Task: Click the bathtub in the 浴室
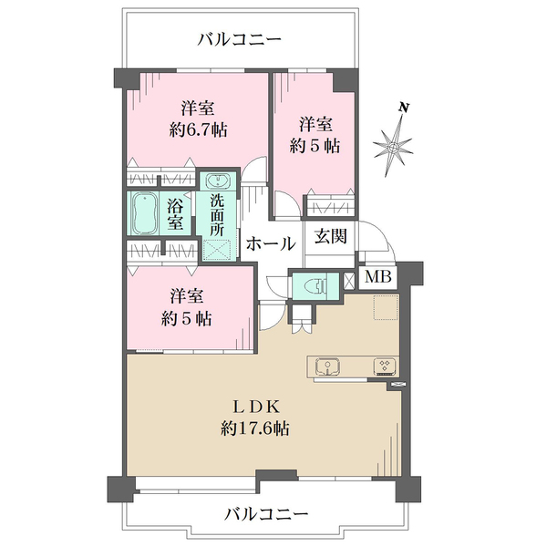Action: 144,212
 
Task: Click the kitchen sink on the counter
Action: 328,367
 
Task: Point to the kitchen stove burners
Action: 385,366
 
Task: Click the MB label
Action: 377,278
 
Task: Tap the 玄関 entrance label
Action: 330,237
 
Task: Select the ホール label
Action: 271,243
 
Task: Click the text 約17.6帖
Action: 254,428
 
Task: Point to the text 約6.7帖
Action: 198,130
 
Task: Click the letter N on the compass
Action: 404,108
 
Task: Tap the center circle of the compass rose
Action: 393,147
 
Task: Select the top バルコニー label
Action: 239,39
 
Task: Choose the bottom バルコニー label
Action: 266,514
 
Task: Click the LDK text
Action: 256,407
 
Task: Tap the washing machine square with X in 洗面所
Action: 217,249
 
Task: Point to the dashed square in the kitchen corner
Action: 387,307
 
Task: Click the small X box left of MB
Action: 349,280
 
